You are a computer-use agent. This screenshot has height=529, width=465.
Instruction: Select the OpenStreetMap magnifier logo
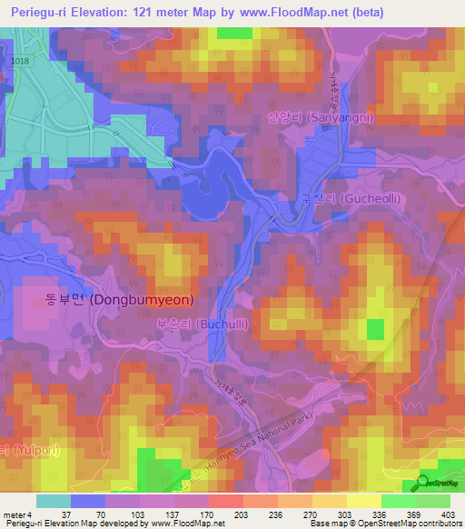click(x=424, y=483)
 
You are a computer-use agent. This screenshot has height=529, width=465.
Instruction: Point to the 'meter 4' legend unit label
click(x=18, y=514)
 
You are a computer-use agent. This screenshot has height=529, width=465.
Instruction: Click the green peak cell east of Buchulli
click(x=374, y=327)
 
